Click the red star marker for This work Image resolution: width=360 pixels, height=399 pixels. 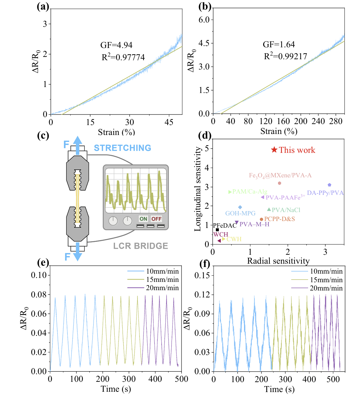click(274, 150)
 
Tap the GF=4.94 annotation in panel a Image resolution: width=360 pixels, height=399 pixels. click(116, 45)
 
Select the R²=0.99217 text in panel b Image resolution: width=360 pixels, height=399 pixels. click(286, 57)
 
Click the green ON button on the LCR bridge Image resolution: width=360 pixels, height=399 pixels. click(143, 219)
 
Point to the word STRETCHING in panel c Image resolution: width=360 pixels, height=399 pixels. click(122, 148)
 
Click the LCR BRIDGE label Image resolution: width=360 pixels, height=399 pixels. click(140, 246)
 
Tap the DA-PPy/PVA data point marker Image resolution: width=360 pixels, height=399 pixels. click(329, 185)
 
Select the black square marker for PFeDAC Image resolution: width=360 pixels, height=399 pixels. click(217, 230)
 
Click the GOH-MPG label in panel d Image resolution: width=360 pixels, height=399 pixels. click(240, 213)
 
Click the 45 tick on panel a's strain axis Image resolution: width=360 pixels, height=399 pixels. click(169, 122)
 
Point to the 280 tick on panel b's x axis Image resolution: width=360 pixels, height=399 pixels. click(336, 121)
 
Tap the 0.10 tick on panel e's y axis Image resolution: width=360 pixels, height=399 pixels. click(39, 275)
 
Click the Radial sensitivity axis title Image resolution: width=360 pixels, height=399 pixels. click(278, 261)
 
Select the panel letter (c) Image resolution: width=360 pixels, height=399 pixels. click(43, 136)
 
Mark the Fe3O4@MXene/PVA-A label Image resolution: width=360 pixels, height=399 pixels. click(280, 175)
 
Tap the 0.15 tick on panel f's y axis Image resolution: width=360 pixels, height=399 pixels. click(202, 275)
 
